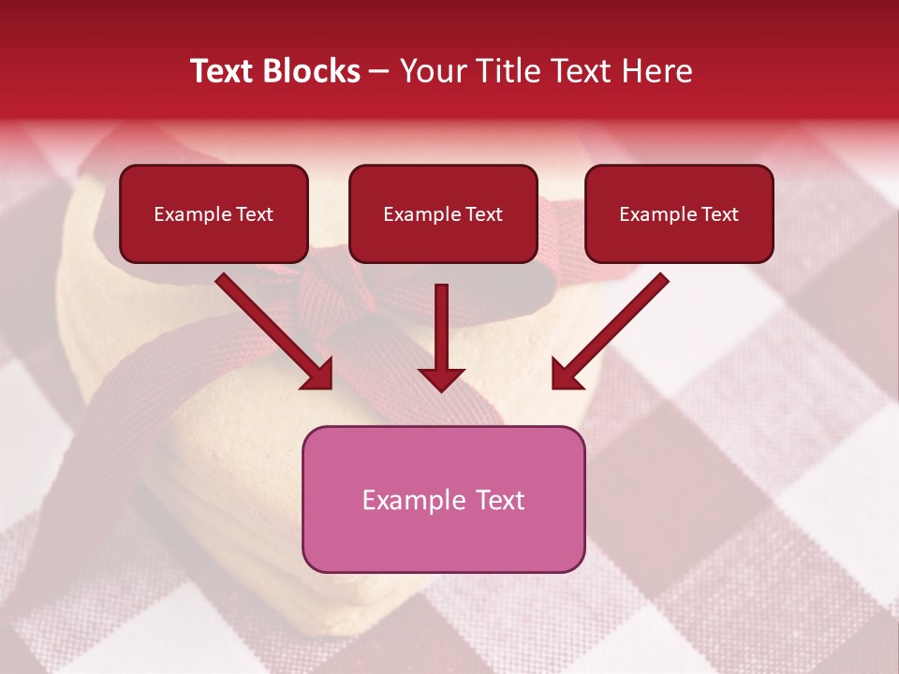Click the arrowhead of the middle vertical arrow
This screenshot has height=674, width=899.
click(441, 378)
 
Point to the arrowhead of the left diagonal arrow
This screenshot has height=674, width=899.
click(318, 374)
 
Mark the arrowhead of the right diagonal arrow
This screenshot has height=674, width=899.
click(567, 374)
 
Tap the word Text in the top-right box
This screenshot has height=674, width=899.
click(719, 214)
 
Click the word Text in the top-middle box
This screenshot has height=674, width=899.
click(483, 214)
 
